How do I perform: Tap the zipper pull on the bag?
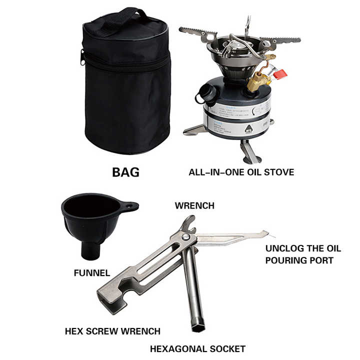pos(82,57)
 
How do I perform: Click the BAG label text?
pos(125,173)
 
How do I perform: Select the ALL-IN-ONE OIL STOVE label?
pos(241,172)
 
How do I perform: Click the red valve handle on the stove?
pos(280,74)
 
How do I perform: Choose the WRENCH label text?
pos(194,205)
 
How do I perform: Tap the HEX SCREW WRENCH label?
pos(112,331)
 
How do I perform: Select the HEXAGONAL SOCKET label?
pos(198,348)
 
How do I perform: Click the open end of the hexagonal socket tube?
pos(199,326)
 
